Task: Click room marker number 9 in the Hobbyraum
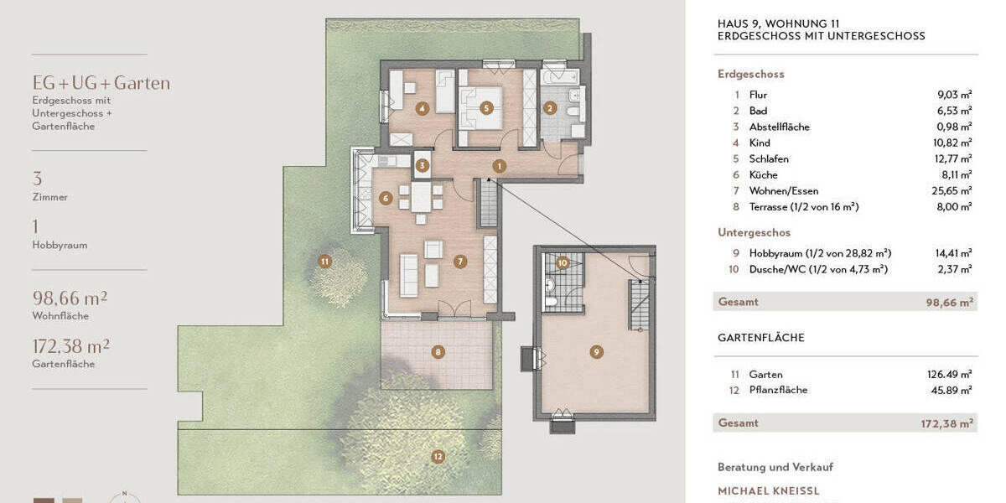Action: click(x=596, y=351)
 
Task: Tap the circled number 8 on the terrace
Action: click(x=438, y=352)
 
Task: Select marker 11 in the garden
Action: click(x=325, y=262)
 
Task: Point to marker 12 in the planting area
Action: click(x=438, y=457)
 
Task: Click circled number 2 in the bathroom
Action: click(x=550, y=107)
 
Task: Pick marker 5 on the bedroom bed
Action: click(x=485, y=107)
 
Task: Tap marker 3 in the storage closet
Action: click(x=423, y=166)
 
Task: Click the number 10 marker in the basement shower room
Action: click(x=563, y=263)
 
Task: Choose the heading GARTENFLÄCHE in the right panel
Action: click(x=760, y=338)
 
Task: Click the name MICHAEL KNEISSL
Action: click(x=768, y=491)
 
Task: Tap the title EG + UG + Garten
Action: click(x=101, y=83)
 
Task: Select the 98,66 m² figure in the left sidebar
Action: click(x=70, y=298)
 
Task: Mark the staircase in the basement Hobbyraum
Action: click(x=639, y=304)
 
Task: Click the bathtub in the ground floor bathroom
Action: click(x=560, y=78)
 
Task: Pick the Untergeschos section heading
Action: click(x=754, y=233)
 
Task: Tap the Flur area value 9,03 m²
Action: click(x=954, y=96)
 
